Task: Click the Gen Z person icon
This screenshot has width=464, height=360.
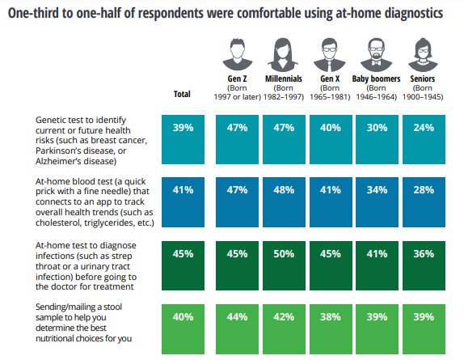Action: (x=238, y=54)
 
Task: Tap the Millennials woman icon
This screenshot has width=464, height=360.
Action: (x=283, y=55)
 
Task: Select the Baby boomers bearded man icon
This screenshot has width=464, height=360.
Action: (x=376, y=55)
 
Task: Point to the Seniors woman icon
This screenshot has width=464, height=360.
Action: (x=423, y=55)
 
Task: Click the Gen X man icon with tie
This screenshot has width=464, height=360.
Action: (x=329, y=55)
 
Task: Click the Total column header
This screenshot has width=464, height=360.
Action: (x=182, y=94)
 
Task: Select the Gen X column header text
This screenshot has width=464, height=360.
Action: (x=330, y=78)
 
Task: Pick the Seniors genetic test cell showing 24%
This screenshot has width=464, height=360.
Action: (x=424, y=139)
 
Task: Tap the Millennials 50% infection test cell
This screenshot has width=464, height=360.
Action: (x=284, y=265)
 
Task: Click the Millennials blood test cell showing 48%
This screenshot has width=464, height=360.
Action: (x=284, y=202)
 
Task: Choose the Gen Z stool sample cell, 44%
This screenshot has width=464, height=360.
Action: (x=237, y=329)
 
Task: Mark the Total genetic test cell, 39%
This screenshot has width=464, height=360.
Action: (x=183, y=139)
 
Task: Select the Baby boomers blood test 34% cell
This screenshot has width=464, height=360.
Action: (x=377, y=202)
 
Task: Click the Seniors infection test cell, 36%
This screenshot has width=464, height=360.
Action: (x=424, y=265)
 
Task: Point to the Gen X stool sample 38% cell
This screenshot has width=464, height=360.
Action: (x=331, y=329)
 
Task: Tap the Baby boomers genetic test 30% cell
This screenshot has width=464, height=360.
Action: (x=377, y=139)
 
